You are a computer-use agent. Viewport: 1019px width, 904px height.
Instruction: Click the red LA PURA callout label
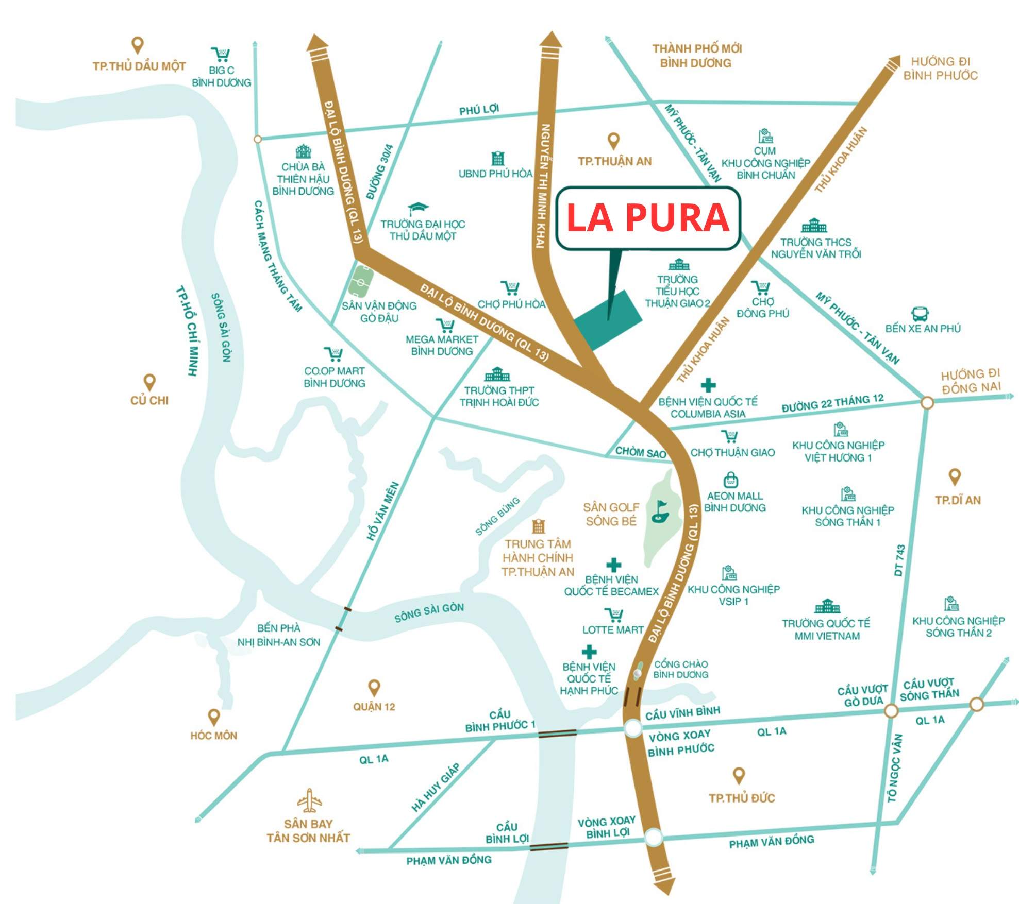click(648, 218)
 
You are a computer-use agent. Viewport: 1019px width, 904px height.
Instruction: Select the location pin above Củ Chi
click(149, 382)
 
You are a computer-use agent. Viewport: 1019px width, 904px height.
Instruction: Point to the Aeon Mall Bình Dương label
click(734, 502)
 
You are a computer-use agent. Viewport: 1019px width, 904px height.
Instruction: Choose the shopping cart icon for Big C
click(221, 54)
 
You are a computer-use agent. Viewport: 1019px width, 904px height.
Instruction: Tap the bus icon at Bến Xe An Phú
click(920, 314)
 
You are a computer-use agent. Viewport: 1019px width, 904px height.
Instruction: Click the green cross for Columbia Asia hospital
click(708, 385)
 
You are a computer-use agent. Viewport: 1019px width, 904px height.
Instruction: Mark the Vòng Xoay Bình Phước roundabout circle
click(633, 728)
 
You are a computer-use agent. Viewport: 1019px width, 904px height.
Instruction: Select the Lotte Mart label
click(613, 630)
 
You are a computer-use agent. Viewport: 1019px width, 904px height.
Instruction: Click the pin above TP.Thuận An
click(613, 140)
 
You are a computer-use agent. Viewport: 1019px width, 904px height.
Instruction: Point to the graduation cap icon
click(418, 209)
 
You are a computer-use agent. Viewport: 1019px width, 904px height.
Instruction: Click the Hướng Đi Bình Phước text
click(940, 69)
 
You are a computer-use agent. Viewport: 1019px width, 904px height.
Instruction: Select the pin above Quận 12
click(374, 688)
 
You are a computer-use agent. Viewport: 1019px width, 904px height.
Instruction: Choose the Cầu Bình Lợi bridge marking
click(549, 846)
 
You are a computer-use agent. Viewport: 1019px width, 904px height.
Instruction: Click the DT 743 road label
click(899, 560)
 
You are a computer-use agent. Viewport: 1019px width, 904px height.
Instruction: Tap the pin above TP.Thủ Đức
click(739, 776)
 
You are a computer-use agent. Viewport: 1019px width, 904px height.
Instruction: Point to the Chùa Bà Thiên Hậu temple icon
click(303, 151)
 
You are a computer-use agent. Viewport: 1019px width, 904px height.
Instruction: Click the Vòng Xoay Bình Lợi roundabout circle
click(654, 837)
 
